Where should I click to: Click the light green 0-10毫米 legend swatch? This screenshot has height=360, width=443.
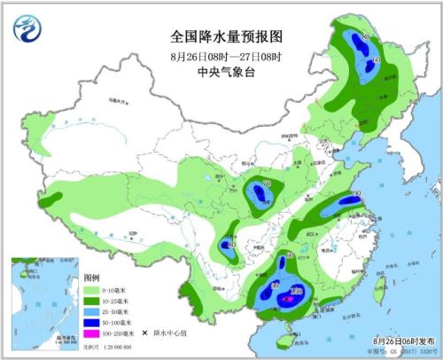tap(92, 289)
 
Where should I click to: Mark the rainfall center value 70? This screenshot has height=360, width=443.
tap(267, 184)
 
